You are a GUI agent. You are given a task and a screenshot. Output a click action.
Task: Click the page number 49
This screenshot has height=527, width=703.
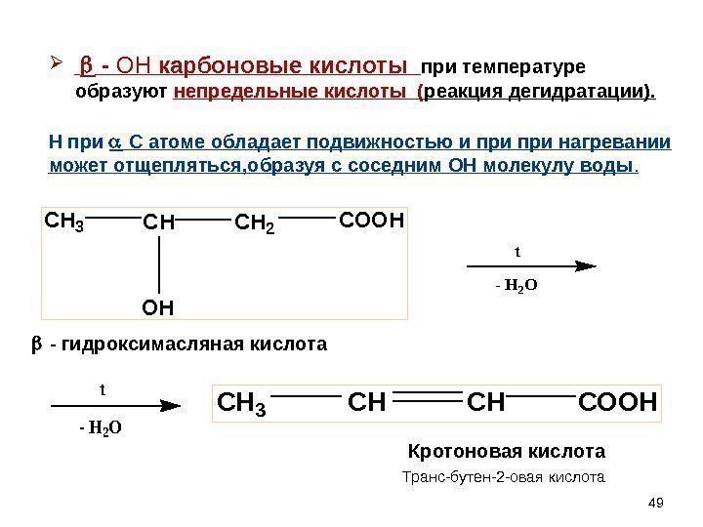[x=656, y=503]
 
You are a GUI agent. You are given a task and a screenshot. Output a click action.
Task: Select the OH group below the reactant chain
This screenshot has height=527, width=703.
[x=157, y=308]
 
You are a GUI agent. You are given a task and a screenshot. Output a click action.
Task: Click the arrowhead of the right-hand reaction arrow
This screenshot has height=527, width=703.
[x=585, y=264]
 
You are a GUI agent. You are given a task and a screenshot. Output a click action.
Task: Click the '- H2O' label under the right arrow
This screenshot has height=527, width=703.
[x=517, y=286]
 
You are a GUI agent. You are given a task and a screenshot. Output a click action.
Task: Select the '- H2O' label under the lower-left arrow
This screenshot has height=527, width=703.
[x=101, y=426]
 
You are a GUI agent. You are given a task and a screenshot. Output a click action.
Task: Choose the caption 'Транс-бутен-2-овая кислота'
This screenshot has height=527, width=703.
[x=504, y=478]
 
